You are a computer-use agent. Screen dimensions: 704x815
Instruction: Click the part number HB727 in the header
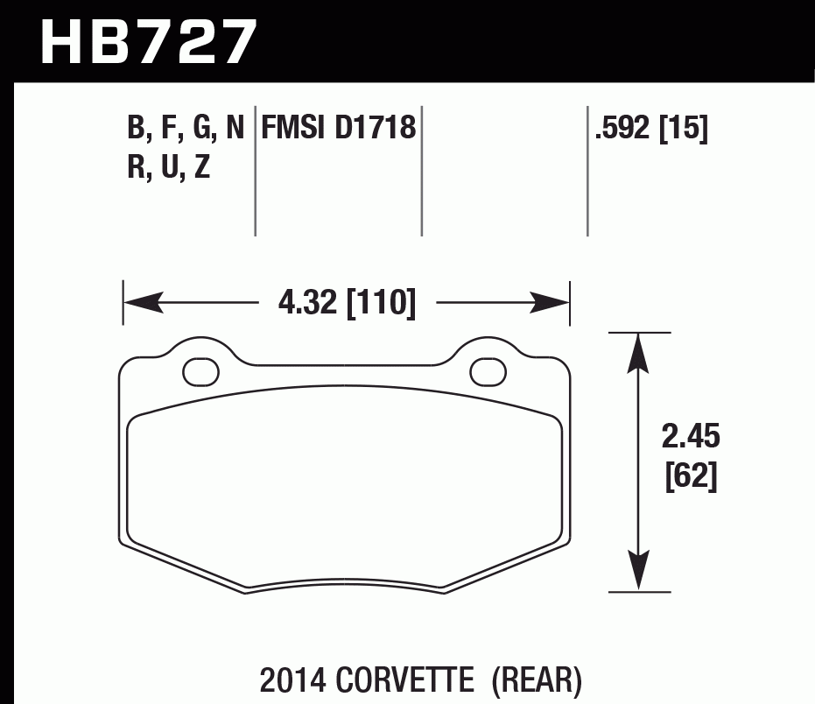click(150, 41)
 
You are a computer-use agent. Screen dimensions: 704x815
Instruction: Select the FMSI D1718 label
click(337, 128)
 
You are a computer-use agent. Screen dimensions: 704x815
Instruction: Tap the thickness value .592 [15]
click(650, 129)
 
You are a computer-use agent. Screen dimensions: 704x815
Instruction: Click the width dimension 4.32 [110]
click(346, 304)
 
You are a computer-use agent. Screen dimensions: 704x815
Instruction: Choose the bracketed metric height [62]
click(691, 477)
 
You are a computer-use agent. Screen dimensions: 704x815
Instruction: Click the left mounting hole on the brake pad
click(200, 371)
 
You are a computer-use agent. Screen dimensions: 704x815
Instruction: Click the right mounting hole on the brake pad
click(488, 371)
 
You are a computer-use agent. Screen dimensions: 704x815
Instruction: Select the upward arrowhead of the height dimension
click(640, 350)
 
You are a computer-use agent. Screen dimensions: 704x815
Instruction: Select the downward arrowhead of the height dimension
click(640, 574)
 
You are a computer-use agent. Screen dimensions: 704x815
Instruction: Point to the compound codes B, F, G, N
click(186, 129)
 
